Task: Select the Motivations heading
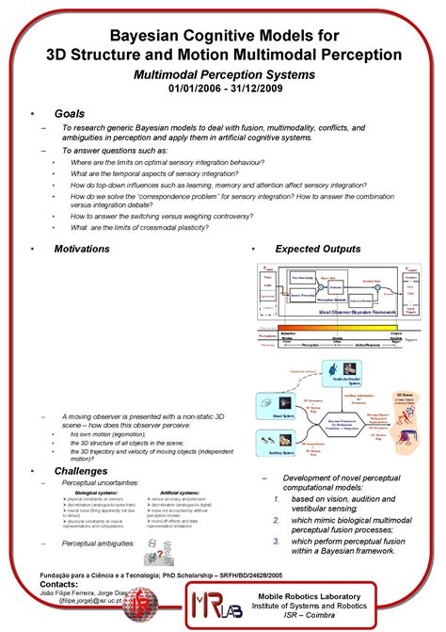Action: (82, 249)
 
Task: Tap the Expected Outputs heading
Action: (317, 249)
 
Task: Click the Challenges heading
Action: (81, 470)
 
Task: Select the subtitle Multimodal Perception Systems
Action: (224, 73)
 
